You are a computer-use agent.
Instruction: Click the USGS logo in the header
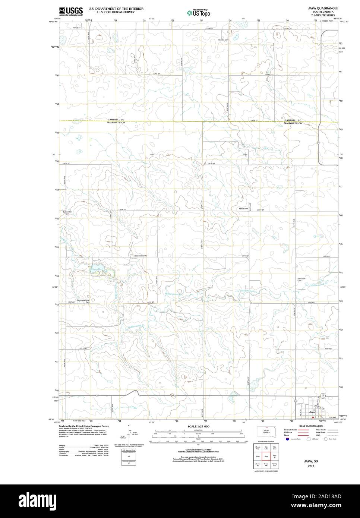pyautogui.click(x=70, y=11)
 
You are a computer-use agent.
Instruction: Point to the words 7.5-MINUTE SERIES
pyautogui.click(x=323, y=15)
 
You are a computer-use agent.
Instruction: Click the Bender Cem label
pyautogui.click(x=223, y=40)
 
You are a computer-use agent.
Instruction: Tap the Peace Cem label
pyautogui.click(x=243, y=209)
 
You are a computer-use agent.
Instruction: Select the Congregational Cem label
pyautogui.click(x=83, y=301)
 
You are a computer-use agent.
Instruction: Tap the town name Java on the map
pyautogui.click(x=312, y=412)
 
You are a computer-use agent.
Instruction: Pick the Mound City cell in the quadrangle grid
pyautogui.click(x=258, y=448)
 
